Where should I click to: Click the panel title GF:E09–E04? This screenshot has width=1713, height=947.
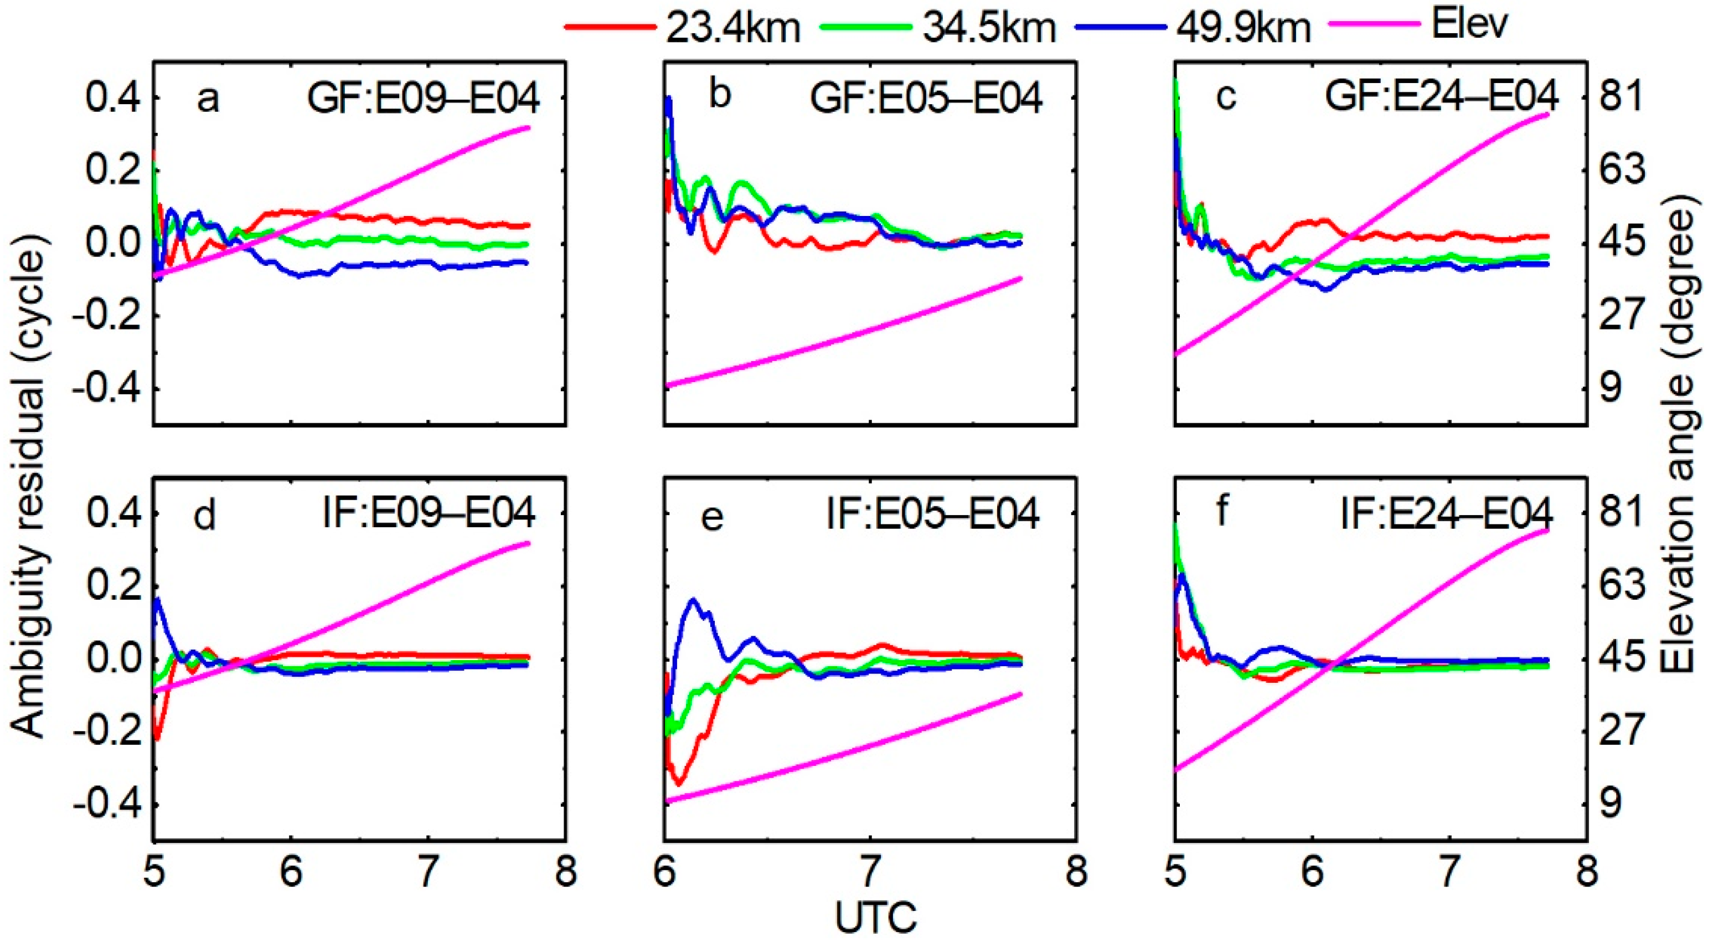(x=423, y=99)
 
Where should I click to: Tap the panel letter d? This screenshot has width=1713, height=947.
(x=205, y=516)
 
